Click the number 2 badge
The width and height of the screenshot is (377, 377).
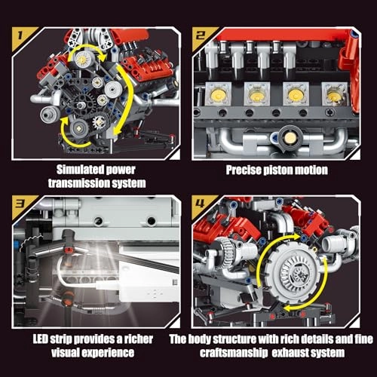[x=201, y=35]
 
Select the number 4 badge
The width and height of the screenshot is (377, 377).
[x=201, y=204]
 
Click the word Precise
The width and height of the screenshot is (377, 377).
[x=239, y=170]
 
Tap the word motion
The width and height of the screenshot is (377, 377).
[x=313, y=170]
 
